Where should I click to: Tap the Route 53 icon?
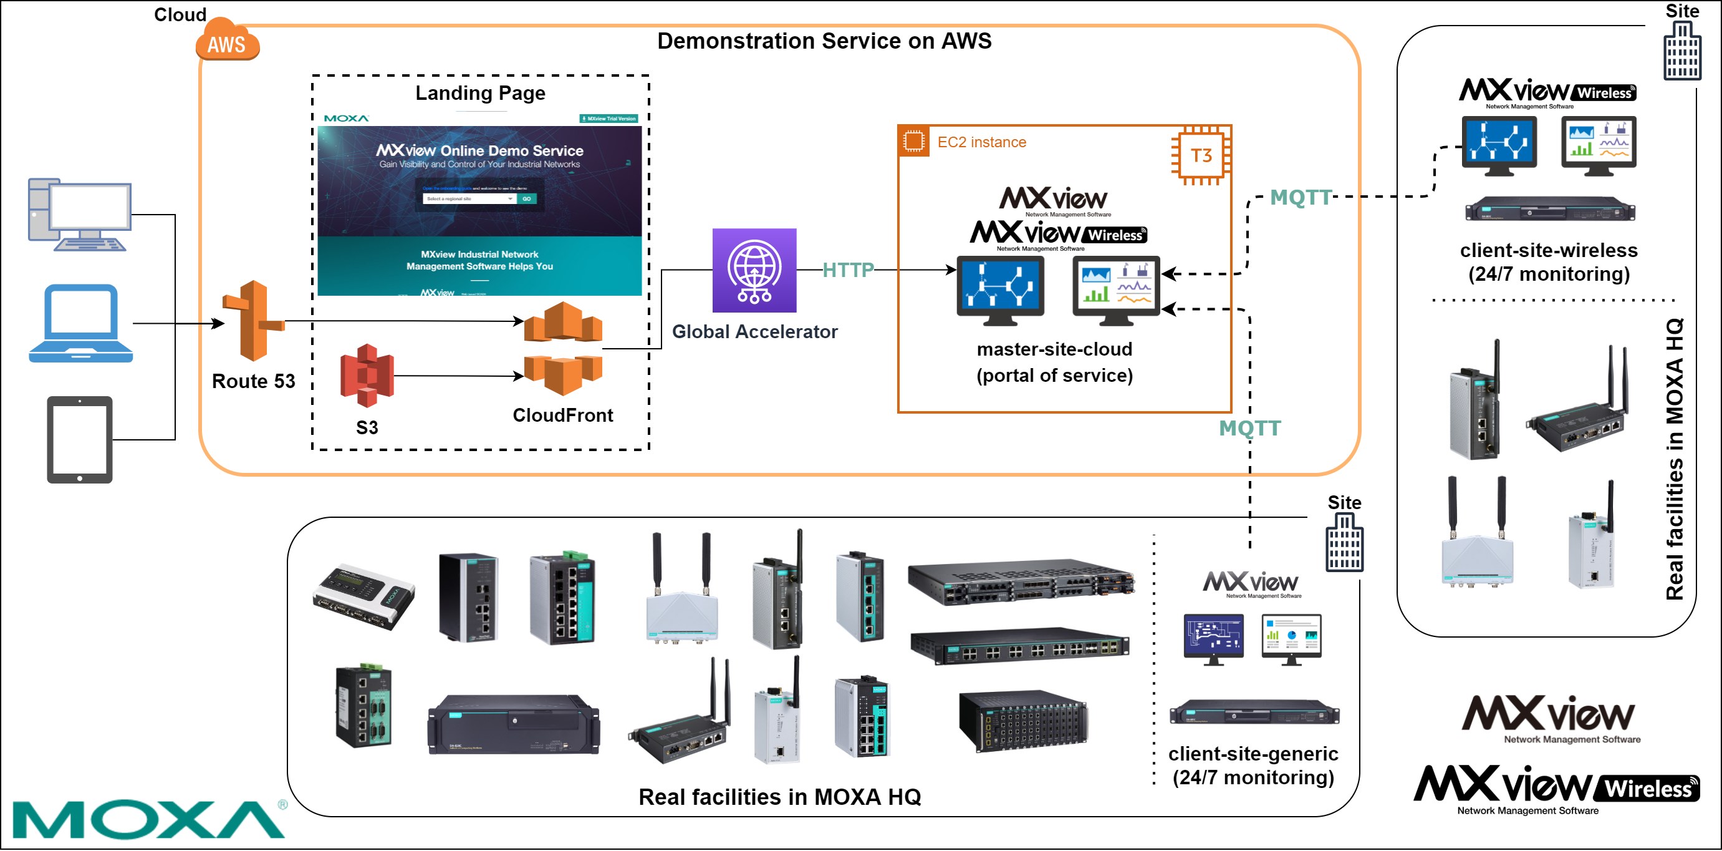point(253,321)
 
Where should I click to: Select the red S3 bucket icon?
point(367,376)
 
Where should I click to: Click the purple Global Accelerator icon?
point(754,270)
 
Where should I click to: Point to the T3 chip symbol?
point(1201,156)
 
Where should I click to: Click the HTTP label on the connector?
point(848,270)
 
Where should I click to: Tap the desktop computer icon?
point(80,214)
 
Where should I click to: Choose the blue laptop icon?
point(81,324)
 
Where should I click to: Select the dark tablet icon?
point(80,440)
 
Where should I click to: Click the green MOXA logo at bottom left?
point(148,819)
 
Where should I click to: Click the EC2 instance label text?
point(981,142)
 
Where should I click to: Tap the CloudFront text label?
point(562,416)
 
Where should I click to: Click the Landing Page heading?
point(480,93)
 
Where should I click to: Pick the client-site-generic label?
point(1253,754)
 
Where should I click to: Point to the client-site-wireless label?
point(1548,251)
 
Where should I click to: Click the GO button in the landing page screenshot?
point(527,198)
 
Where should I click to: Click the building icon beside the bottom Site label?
point(1344,543)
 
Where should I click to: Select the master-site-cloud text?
point(1054,349)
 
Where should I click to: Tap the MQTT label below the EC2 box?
point(1249,428)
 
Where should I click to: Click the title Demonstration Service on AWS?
point(824,41)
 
